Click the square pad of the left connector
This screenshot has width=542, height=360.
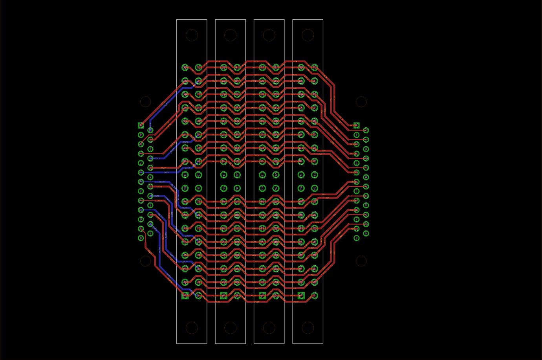(141, 125)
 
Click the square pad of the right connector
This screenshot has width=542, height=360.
(356, 125)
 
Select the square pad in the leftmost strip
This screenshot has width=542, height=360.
(185, 296)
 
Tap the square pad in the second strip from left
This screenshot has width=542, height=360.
(223, 296)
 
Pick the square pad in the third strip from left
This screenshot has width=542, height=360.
(262, 296)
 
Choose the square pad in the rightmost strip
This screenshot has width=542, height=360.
(301, 296)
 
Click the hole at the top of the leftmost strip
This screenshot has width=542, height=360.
(192, 35)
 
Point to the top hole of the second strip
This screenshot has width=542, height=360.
(230, 35)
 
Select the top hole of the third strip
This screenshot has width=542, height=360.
(269, 35)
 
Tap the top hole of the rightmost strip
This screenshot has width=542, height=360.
(308, 35)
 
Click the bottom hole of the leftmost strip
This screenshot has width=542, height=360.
(192, 327)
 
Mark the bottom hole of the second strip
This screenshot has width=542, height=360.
(230, 327)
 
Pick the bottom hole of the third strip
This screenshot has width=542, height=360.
(269, 327)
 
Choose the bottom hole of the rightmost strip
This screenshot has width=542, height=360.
(308, 327)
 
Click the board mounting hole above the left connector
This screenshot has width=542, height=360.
(146, 102)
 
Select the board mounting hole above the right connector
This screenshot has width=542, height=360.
(361, 102)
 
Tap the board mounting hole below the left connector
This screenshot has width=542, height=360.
(146, 261)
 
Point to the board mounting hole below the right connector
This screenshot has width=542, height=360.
(361, 261)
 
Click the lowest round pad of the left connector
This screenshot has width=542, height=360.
(141, 238)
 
